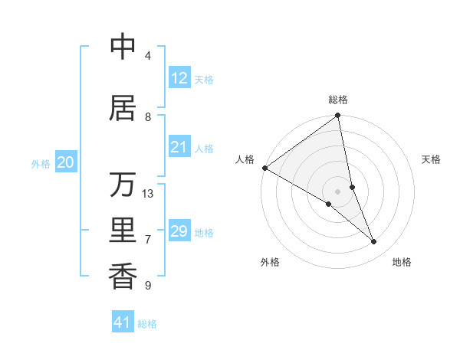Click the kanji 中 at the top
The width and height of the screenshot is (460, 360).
123,47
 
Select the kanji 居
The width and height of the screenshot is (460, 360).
123,109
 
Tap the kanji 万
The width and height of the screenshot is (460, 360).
123,185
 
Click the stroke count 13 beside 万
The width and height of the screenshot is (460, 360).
148,194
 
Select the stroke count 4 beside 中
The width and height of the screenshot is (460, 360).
148,56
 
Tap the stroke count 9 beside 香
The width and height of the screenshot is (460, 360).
148,286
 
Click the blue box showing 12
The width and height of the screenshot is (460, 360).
179,78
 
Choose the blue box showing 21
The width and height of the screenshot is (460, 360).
179,147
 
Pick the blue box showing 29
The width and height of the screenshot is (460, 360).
179,231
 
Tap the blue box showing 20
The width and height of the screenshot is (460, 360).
66,162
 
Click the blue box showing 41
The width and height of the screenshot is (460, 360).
123,322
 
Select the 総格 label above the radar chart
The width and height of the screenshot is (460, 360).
338,100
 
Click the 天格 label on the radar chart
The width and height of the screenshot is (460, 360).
431,159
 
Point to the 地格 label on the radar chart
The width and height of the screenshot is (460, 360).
402,262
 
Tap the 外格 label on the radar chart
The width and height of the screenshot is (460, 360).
270,262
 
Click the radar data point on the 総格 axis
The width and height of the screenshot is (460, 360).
338,116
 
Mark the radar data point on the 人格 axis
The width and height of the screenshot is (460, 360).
264,168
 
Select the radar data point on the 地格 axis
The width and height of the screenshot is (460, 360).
374,242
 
